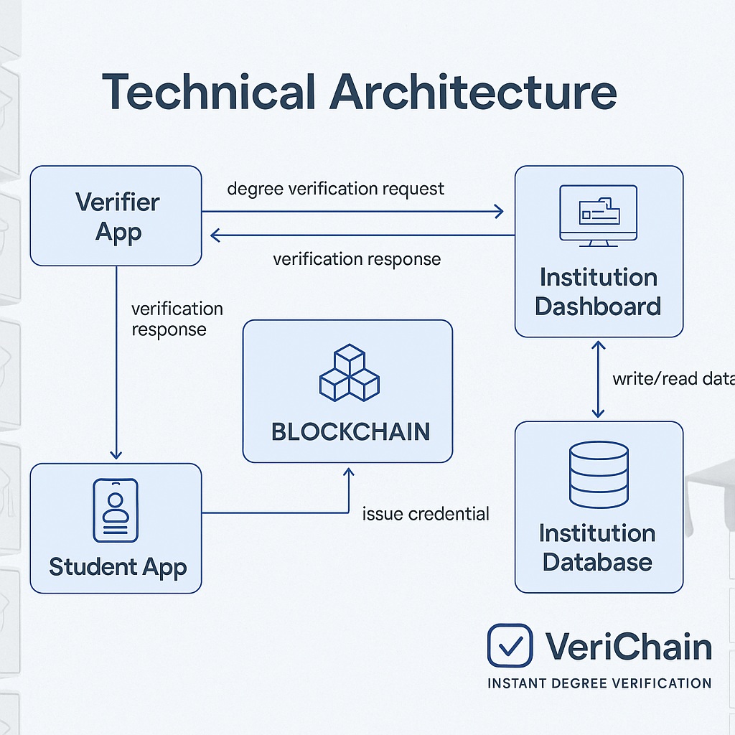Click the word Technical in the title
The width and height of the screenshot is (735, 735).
209,93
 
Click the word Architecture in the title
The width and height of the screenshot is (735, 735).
472,93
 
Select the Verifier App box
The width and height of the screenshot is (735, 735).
116,215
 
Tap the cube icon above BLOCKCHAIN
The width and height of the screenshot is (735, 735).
349,373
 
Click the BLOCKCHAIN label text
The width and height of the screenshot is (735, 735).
350,431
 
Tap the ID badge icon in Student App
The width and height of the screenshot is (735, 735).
115,510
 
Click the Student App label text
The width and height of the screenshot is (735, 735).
118,567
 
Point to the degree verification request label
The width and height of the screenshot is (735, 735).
335,189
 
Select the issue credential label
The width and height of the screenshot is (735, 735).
426,514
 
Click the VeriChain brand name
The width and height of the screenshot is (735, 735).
628,646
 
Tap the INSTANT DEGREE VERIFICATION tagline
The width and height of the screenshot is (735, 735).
599,683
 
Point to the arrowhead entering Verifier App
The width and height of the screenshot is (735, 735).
215,235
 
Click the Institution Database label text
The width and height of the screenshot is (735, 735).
598,547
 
